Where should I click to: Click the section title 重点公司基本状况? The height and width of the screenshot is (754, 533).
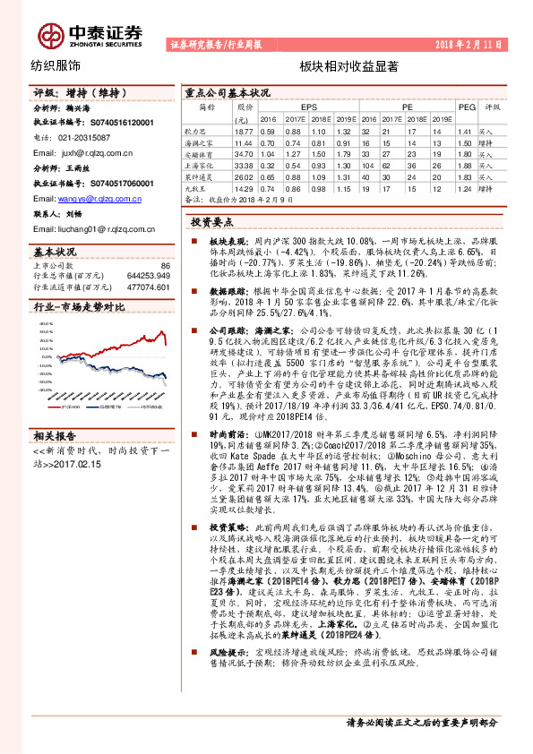(227, 92)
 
